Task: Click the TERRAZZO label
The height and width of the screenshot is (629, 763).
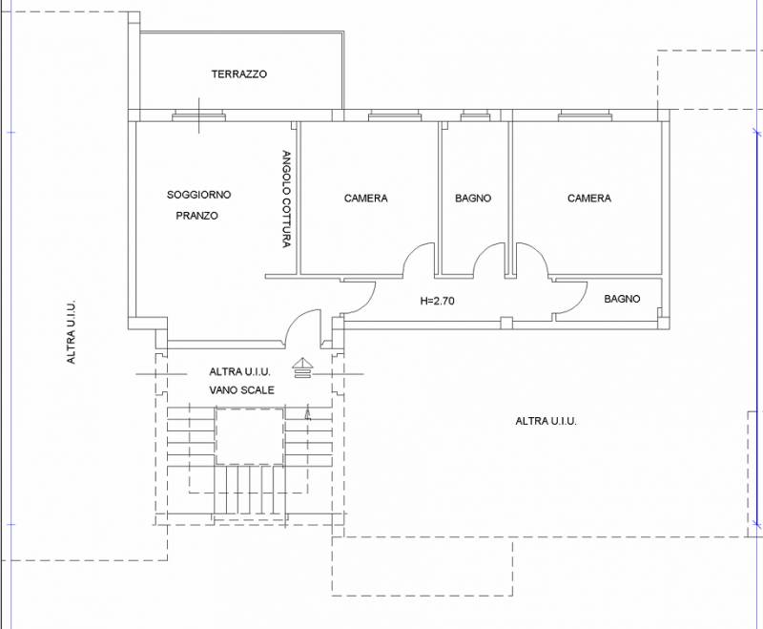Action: [x=239, y=74]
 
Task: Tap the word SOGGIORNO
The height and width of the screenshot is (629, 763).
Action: [x=199, y=195]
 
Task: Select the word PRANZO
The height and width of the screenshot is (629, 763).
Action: [x=197, y=216]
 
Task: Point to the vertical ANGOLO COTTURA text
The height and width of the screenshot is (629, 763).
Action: [x=287, y=199]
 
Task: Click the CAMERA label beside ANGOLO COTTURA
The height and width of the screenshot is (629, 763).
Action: [x=366, y=199]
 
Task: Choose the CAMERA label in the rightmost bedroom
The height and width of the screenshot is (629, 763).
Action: [x=589, y=199]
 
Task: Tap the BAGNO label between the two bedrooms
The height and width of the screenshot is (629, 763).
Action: [x=473, y=199]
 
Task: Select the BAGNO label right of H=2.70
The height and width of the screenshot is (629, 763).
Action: [x=622, y=299]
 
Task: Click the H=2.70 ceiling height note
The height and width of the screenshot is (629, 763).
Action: [x=437, y=301]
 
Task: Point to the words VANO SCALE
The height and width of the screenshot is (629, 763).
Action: [x=242, y=390]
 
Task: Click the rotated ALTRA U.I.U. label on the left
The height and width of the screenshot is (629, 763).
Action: [x=71, y=331]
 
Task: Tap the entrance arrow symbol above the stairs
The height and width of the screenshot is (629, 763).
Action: [x=302, y=367]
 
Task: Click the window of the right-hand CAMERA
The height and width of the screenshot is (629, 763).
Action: [x=584, y=115]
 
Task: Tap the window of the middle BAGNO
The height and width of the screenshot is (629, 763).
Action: [x=476, y=115]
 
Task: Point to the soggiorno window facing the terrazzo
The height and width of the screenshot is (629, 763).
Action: [x=199, y=115]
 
